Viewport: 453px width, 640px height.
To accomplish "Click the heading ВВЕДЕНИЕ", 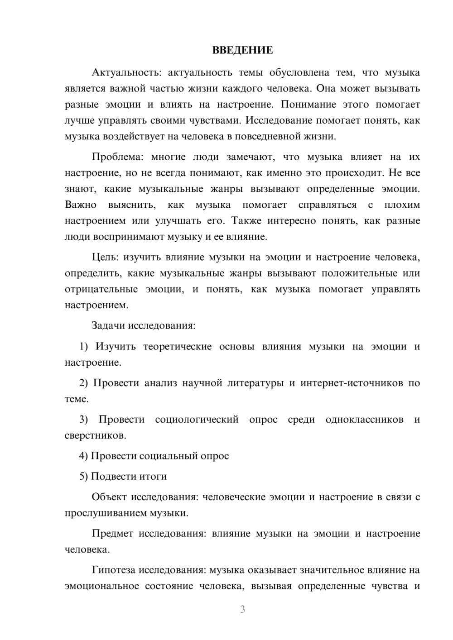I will [242, 50].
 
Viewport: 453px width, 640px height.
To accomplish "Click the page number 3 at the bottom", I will [242, 609].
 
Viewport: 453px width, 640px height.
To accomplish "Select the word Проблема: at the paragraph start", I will [117, 157].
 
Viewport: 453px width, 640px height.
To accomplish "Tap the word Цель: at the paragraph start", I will [105, 258].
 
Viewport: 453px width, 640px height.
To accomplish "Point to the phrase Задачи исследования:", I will [143, 325].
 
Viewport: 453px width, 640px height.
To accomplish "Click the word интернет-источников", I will [352, 383].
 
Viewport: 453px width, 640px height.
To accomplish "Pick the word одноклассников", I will [364, 420].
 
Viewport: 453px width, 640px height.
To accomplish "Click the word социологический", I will [197, 420].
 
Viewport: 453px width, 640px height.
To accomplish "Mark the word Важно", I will [81, 205].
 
